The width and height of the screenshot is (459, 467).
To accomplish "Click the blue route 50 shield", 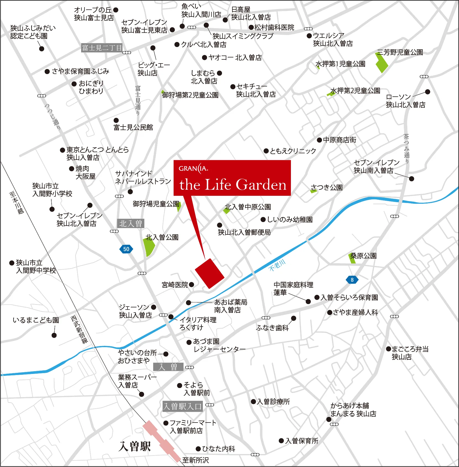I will tap(126, 249).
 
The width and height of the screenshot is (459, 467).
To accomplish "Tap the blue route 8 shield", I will tap(352, 280).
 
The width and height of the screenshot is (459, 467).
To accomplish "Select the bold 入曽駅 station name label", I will tap(135, 446).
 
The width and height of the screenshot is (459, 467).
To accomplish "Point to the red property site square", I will tap(209, 273).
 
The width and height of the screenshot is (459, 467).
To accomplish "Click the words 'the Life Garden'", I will tap(233, 185).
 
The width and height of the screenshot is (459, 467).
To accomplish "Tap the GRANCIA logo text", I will tap(193, 168).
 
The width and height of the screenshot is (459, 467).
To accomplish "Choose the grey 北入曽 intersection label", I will tap(131, 223).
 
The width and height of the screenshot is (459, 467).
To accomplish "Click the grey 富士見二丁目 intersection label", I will tap(102, 48).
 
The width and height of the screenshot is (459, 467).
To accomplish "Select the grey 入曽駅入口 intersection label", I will tap(182, 406).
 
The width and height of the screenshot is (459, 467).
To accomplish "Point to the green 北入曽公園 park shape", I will tap(149, 247).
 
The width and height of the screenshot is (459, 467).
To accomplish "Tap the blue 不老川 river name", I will tap(277, 265).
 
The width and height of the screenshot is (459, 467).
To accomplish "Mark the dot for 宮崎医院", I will tap(192, 284).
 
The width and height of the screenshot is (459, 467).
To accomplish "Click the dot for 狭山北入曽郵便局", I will tap(220, 225).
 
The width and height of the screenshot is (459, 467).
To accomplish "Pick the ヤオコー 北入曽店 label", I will tap(235, 57).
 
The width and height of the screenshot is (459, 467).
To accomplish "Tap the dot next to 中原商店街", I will tap(319, 140).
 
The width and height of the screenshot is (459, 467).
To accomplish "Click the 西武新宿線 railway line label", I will tap(79, 329).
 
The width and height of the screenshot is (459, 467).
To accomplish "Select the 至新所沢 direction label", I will tap(195, 460).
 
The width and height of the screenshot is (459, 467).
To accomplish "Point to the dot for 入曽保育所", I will tap(281, 441).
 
